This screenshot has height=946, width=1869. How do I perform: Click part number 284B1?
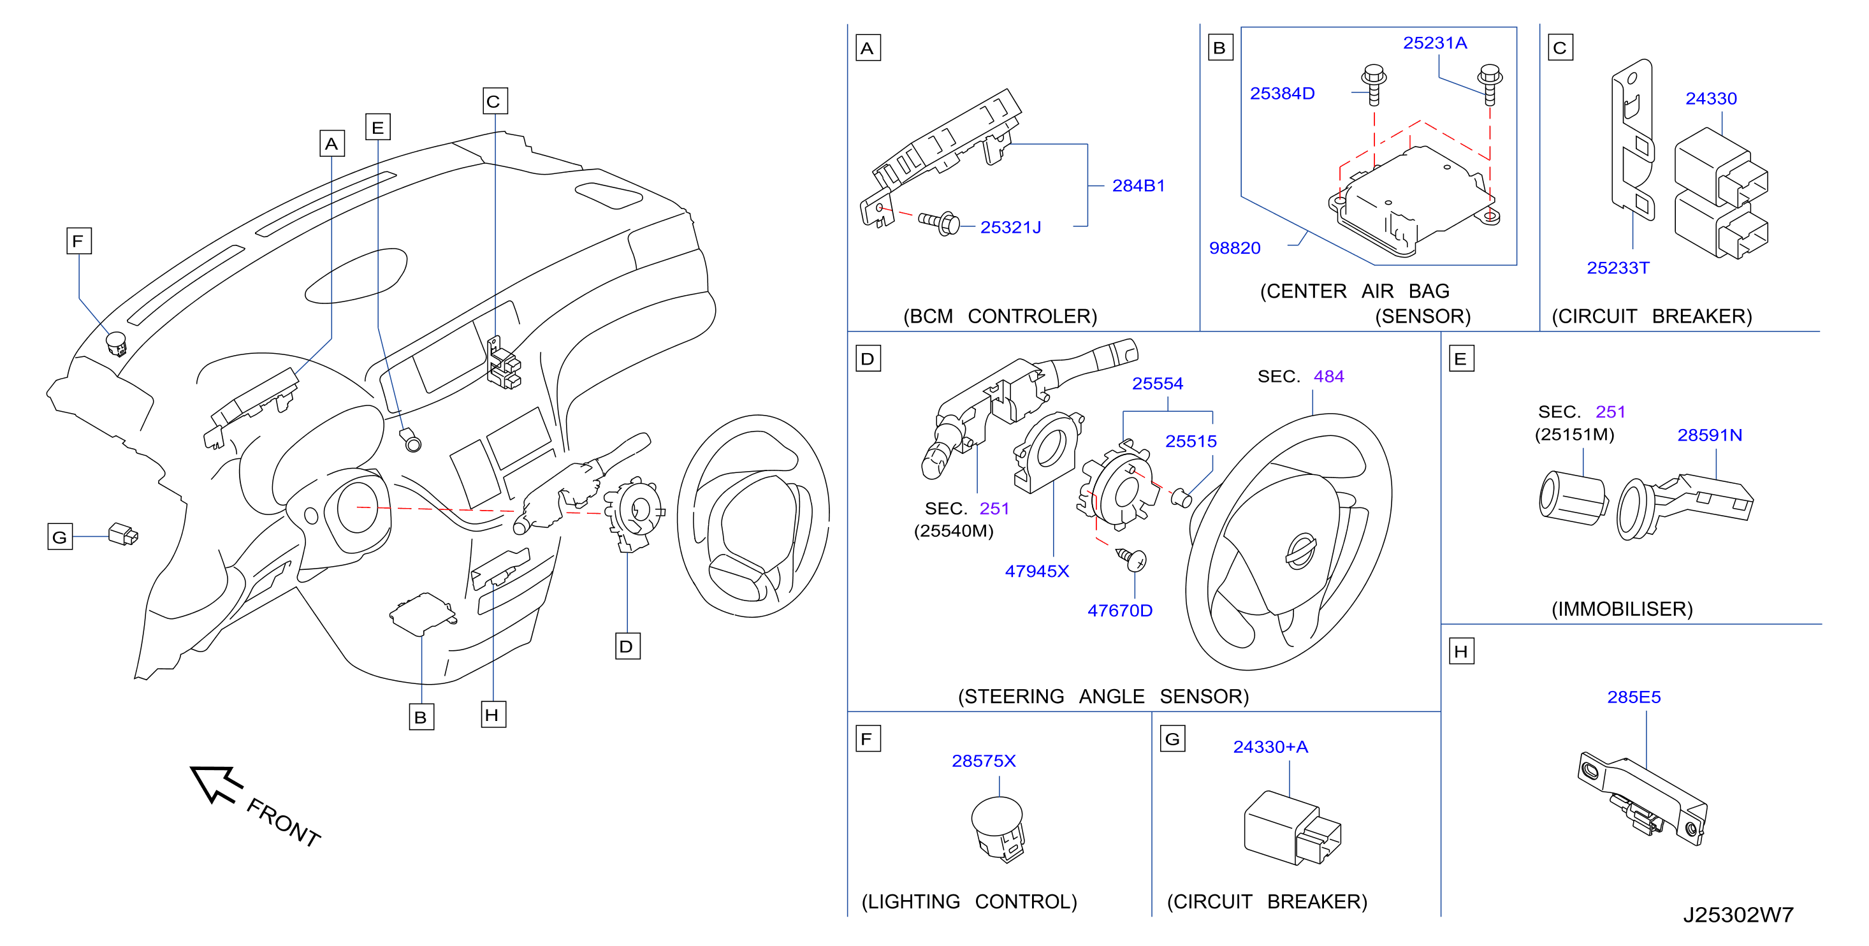[1138, 186]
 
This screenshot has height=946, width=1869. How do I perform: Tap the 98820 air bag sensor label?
[1234, 248]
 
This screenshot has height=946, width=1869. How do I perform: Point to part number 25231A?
[1434, 43]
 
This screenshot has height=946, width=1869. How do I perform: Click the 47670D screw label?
[1119, 610]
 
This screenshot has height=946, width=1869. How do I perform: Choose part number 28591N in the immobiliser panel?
[1710, 435]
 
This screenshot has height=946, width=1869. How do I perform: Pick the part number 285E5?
[1634, 697]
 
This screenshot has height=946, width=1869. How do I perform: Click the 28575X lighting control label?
[983, 760]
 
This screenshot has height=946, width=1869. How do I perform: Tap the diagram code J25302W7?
[1738, 914]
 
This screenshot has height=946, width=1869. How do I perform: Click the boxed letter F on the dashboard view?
[78, 241]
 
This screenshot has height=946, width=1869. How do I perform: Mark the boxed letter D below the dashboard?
[627, 646]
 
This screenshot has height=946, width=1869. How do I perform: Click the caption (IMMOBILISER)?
[1622, 609]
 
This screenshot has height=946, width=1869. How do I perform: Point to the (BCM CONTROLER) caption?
[1000, 316]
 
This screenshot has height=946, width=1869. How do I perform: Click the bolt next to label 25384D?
[1374, 85]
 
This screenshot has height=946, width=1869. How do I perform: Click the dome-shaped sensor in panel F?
[998, 829]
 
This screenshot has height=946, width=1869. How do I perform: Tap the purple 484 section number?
[1328, 377]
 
